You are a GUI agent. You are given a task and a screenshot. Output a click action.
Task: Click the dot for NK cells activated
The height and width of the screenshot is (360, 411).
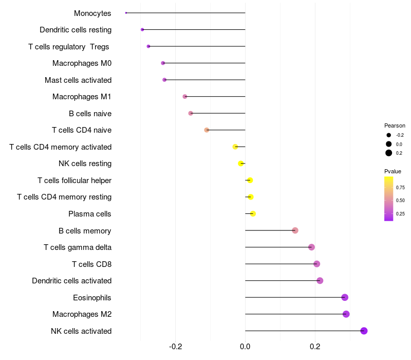click(364, 331)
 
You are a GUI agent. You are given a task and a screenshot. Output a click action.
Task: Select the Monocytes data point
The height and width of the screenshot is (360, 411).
click(126, 13)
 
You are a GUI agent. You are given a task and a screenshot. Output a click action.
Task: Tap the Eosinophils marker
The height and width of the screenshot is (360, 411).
click(345, 297)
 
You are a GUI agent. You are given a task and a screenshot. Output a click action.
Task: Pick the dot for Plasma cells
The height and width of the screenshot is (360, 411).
click(253, 213)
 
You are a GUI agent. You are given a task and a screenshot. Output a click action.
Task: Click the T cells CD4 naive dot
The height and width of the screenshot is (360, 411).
click(207, 130)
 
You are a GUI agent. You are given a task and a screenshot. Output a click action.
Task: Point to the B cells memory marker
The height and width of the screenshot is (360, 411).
click(295, 230)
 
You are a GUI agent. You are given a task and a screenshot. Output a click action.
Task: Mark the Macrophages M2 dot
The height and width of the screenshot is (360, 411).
click(346, 314)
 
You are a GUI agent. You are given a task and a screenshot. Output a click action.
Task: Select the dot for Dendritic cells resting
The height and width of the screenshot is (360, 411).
click(142, 30)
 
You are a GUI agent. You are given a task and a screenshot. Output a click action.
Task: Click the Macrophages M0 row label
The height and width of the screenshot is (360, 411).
click(82, 63)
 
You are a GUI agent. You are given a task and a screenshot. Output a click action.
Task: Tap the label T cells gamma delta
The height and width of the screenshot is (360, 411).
click(78, 247)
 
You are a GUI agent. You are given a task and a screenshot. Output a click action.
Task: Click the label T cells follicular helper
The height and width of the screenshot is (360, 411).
click(74, 181)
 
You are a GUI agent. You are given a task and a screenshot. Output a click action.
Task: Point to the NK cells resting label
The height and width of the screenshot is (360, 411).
click(85, 164)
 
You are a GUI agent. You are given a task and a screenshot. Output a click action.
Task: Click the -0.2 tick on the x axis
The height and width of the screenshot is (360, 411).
click(176, 346)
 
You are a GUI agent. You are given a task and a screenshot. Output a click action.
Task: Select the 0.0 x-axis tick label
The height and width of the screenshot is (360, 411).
click(245, 346)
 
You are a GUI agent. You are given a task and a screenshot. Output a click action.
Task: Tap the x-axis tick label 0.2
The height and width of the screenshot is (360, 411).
click(315, 346)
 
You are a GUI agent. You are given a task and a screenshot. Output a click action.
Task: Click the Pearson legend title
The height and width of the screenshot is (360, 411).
click(395, 125)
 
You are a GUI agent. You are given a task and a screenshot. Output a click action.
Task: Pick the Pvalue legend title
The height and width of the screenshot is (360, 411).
click(393, 171)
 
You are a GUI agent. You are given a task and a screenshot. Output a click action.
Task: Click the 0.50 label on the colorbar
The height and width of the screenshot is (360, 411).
click(400, 200)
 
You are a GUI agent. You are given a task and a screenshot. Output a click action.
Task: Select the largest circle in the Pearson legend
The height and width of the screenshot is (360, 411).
click(389, 153)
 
